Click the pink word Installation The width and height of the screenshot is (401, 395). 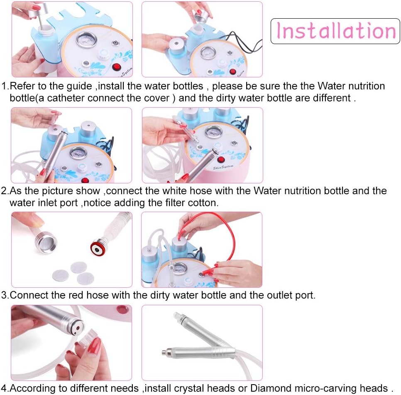335,31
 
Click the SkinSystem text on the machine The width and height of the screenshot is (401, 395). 223,167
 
